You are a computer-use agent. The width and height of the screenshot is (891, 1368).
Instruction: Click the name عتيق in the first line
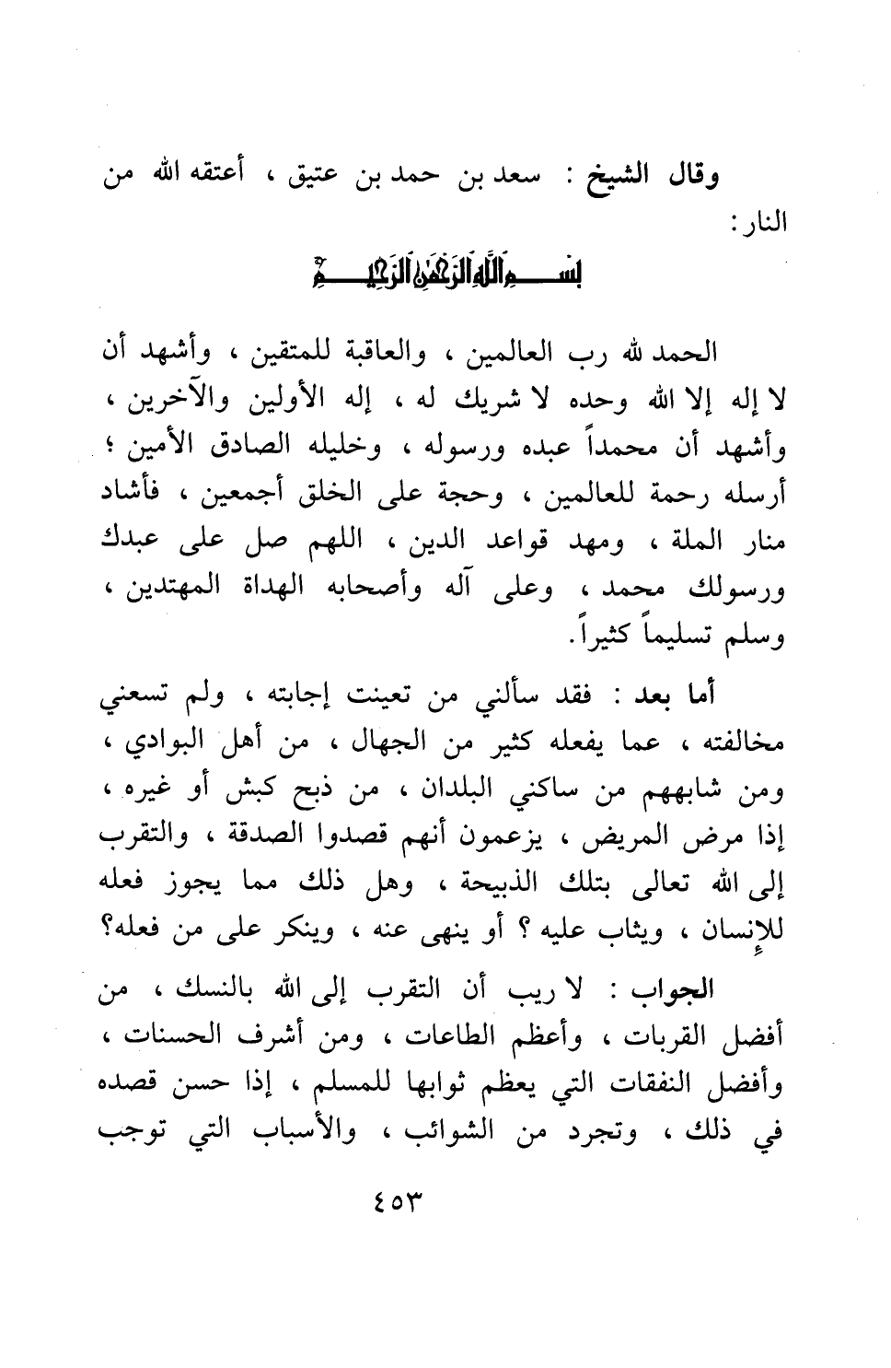pyautogui.click(x=349, y=176)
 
